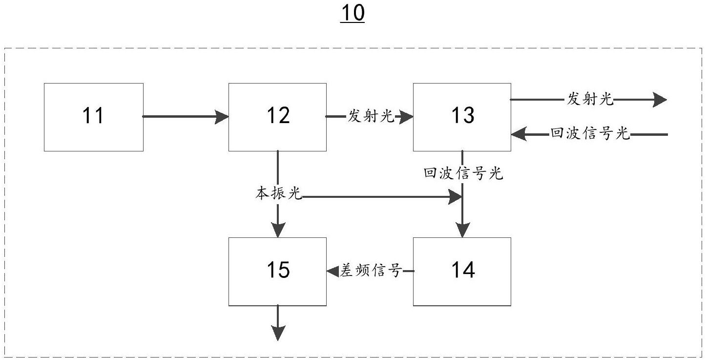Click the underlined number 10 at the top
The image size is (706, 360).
point(353,13)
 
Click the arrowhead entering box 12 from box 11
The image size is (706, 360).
point(222,117)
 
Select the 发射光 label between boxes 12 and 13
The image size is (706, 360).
point(371,116)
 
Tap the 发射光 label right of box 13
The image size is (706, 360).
point(590,99)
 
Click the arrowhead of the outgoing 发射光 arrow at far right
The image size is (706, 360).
point(660,100)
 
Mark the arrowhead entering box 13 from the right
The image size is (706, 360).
point(519,134)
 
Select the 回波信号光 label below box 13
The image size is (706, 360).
point(463,173)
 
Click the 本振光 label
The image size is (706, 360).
point(279,193)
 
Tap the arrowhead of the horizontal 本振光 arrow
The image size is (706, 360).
point(456,197)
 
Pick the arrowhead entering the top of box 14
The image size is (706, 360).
point(462,230)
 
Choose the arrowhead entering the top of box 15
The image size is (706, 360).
point(278,230)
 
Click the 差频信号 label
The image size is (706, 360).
point(371,271)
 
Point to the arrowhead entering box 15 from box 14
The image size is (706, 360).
point(333,271)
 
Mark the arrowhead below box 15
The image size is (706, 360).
point(278,334)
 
